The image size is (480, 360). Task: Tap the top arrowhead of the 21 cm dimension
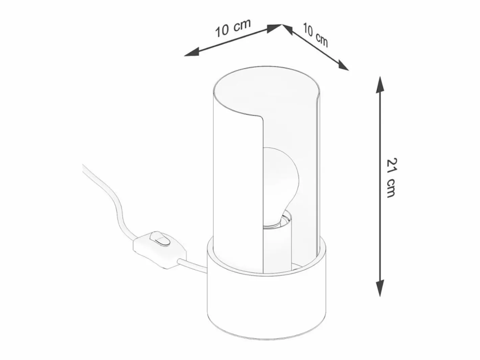[x=380, y=85]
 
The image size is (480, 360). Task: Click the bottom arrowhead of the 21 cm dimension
[x=380, y=288]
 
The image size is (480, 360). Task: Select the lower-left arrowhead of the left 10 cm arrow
[x=192, y=53]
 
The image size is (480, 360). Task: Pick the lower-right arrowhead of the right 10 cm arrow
[x=343, y=65]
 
